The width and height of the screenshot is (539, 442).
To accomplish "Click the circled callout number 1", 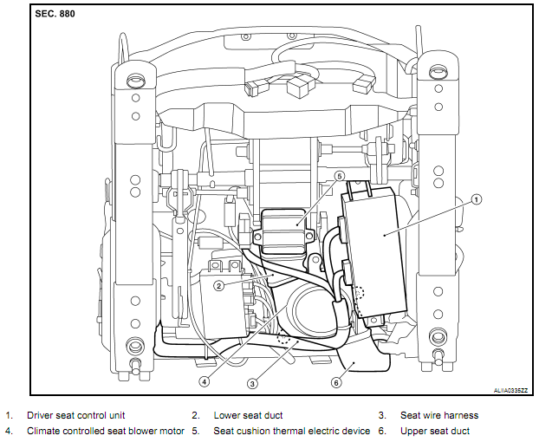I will (x=476, y=198).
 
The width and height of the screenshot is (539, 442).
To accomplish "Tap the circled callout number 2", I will (x=219, y=284).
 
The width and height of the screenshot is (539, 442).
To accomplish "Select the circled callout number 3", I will (x=251, y=382).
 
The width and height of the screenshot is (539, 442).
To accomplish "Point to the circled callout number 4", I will (x=205, y=380).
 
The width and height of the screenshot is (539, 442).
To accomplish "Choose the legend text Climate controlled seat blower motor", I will (x=105, y=431).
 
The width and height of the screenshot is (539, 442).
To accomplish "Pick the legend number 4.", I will (x=9, y=431).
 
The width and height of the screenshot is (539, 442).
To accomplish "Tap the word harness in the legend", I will (x=460, y=416).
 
